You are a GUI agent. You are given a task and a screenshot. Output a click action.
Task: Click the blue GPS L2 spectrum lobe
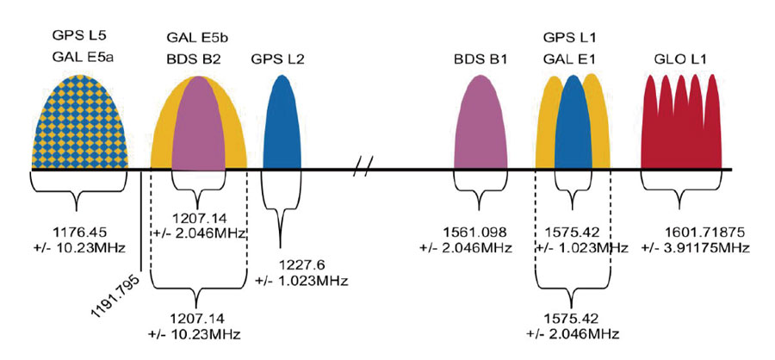pyautogui.click(x=281, y=125)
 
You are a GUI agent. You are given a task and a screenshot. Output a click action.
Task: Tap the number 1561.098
pyautogui.click(x=483, y=233)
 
